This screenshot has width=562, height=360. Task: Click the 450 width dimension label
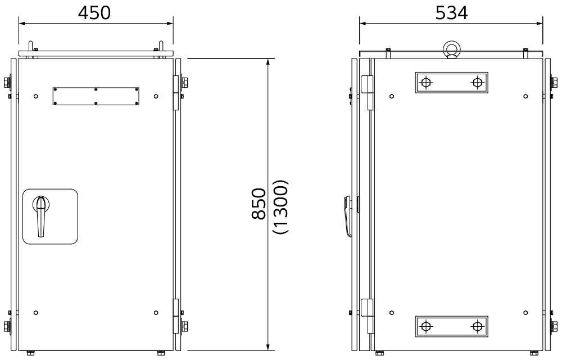pyautogui.click(x=94, y=13)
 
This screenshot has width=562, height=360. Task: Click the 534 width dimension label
pyautogui.click(x=451, y=13)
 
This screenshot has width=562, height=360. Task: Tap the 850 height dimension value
pyautogui.click(x=259, y=203)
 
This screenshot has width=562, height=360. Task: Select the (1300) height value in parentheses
pyautogui.click(x=280, y=206)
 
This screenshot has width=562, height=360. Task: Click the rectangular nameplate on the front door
pyautogui.click(x=96, y=96)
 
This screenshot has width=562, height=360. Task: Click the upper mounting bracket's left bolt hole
pyautogui.click(x=425, y=83)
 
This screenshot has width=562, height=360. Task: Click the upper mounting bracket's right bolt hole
pyautogui.click(x=477, y=83)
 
